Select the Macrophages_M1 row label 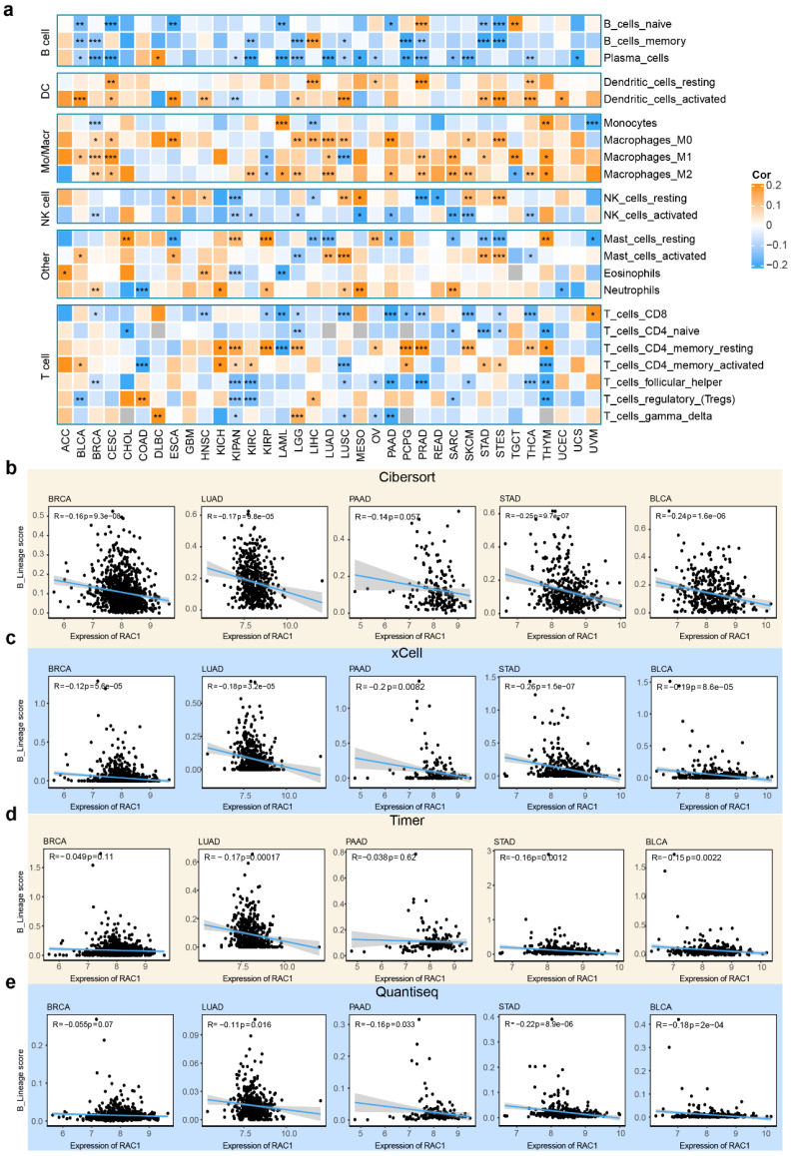click(649, 158)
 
